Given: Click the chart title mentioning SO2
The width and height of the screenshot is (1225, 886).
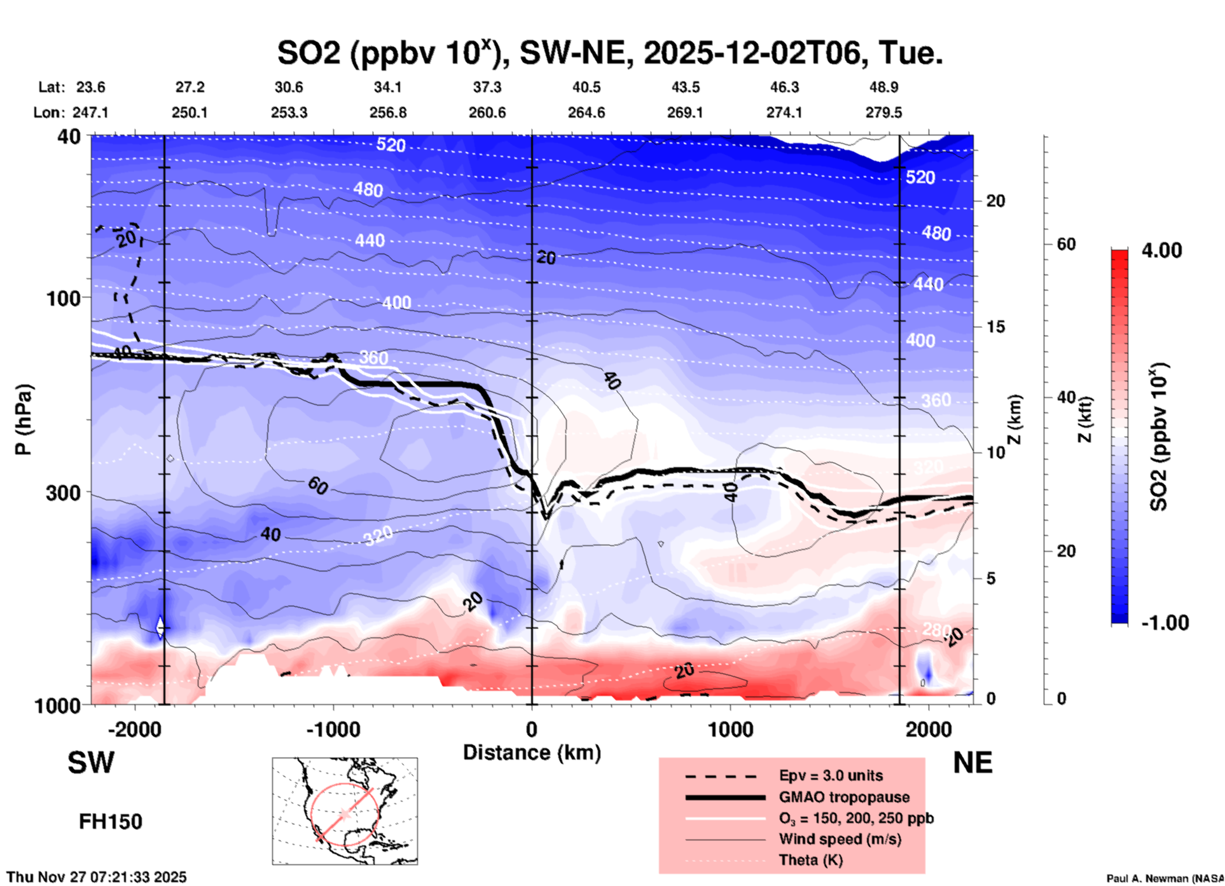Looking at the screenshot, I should (609, 53).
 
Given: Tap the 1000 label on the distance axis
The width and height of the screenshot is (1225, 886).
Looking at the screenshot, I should (730, 729).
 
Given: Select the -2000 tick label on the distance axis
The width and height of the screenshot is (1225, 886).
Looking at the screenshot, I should (135, 729).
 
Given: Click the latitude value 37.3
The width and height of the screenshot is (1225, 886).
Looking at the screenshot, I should (487, 87).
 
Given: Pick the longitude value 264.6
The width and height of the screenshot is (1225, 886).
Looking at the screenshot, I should (586, 112).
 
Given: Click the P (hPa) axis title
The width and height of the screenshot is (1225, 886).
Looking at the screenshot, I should (24, 419).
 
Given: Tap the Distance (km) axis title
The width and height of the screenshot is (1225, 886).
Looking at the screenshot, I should (532, 753).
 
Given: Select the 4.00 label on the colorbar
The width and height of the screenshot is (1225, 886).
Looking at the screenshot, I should (1161, 250).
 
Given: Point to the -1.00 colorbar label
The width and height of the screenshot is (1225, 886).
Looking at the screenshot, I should (1164, 623).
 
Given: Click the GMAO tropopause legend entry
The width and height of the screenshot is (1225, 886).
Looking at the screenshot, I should (844, 797).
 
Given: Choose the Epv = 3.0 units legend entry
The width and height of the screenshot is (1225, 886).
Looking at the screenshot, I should (831, 775).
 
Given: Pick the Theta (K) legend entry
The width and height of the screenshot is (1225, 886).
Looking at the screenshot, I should (810, 860).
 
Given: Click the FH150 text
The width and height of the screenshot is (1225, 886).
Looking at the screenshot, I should (111, 822).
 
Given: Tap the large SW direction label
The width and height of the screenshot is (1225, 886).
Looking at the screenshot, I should (91, 763).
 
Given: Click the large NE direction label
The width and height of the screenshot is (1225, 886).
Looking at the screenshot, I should (972, 763).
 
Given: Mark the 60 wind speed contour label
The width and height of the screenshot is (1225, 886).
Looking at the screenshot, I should (317, 486).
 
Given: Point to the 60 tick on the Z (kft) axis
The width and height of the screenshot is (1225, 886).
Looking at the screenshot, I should (1066, 244).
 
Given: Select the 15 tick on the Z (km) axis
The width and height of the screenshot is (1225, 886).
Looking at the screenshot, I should (995, 327).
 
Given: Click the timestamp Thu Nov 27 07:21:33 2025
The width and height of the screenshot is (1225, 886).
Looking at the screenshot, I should (97, 877).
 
